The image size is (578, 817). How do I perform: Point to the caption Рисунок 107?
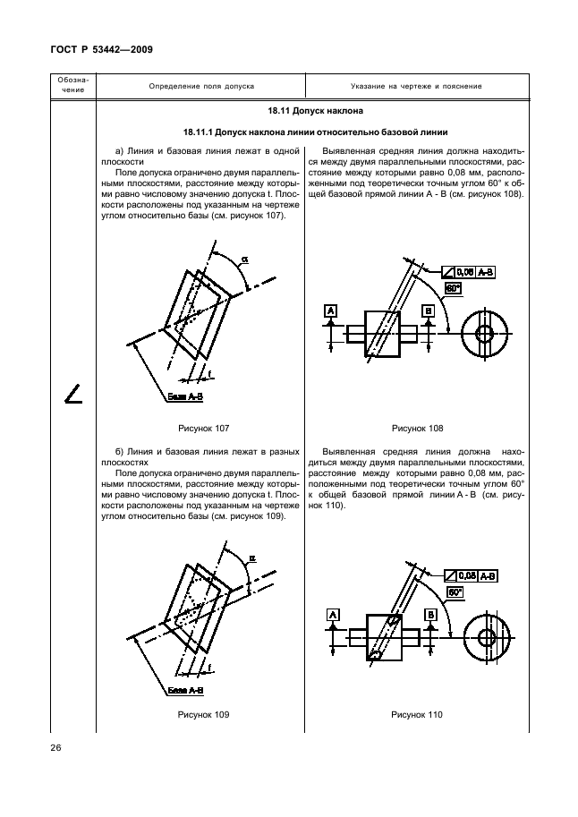click(204, 428)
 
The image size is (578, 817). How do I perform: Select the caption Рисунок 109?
click(204, 714)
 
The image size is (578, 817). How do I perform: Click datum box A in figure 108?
click(331, 310)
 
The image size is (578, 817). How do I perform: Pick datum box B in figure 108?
click(429, 310)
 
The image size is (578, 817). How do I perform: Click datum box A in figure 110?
click(332, 615)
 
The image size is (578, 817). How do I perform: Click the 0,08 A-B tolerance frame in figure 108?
click(475, 270)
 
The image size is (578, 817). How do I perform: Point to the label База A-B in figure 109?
click(187, 691)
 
